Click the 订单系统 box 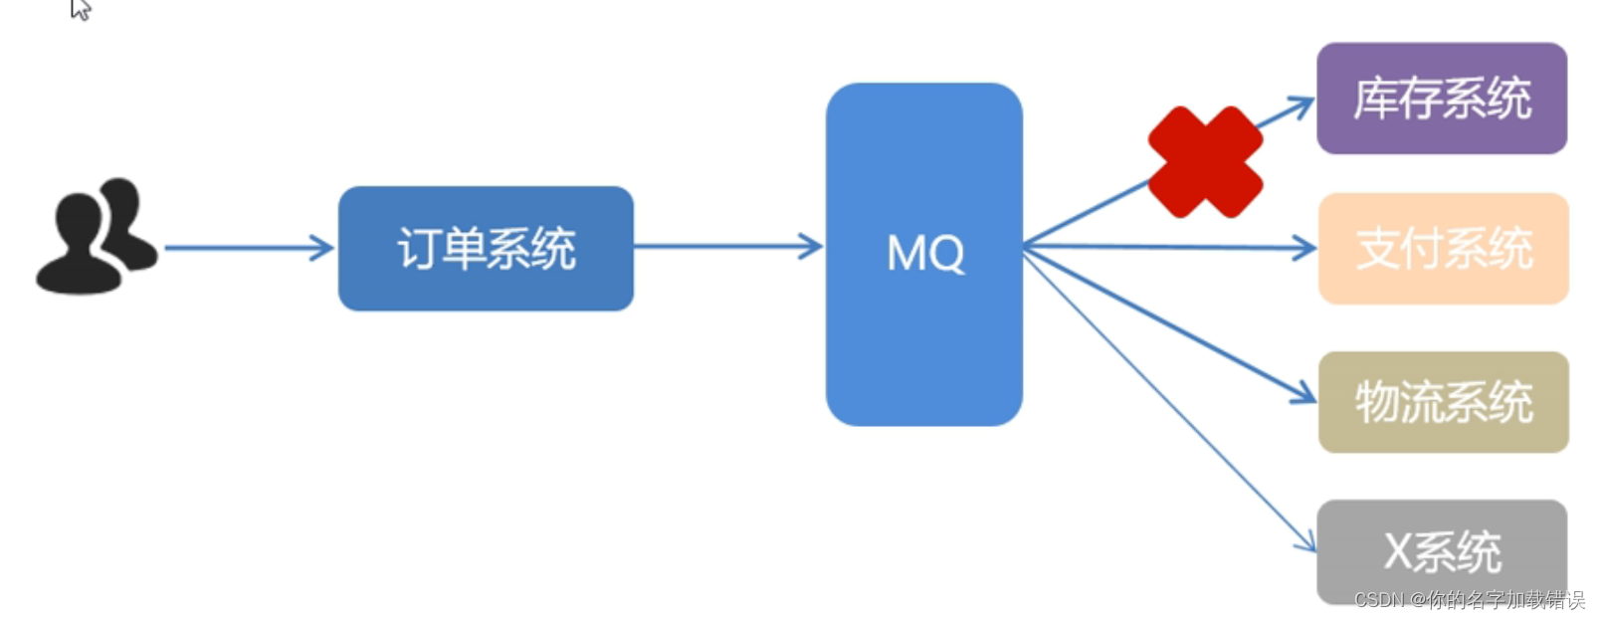[x=486, y=248]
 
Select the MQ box [x=923, y=254]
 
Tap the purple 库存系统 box [x=1441, y=98]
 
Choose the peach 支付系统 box [x=1443, y=248]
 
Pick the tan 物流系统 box [x=1443, y=402]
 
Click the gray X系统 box [x=1441, y=550]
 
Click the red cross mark [x=1205, y=162]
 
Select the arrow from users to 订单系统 [x=249, y=248]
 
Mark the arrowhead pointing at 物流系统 [x=1304, y=394]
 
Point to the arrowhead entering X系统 [x=1306, y=542]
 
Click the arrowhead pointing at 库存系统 [x=1301, y=103]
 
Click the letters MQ [x=925, y=254]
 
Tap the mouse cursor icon [x=81, y=9]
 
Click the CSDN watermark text [x=1469, y=600]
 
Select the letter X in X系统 [x=1398, y=551]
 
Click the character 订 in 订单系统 [x=418, y=249]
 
